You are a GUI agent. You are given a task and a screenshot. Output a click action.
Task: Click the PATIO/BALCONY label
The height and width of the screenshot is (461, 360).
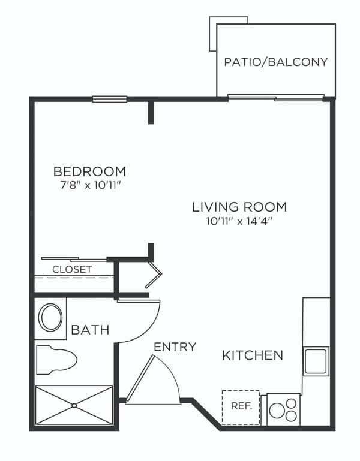coord(276,62)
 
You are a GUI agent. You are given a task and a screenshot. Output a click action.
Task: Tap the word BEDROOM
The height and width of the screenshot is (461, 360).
coord(89,171)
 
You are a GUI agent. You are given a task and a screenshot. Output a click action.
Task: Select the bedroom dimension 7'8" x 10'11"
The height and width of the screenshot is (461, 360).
coord(89,185)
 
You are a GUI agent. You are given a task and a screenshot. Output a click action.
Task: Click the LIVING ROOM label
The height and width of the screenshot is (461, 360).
coord(239,207)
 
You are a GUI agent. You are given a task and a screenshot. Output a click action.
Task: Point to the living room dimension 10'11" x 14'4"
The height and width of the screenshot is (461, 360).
coord(239,221)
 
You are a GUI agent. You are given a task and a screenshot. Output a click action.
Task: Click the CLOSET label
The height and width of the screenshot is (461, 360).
coord(72,269)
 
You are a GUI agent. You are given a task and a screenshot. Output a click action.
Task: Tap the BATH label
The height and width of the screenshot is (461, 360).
coord(90,329)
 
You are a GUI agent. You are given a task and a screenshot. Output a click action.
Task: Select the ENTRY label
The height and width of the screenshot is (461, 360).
coord(175,346)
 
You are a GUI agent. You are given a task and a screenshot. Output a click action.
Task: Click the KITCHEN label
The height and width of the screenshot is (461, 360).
coord(253,355)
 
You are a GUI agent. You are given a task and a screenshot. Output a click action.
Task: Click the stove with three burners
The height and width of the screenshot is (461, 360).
coord(283,409)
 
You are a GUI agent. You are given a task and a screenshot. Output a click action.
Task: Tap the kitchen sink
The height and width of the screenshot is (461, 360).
coord(316,361)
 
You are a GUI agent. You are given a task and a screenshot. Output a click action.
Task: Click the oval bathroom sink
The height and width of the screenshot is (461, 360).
coord(50,317)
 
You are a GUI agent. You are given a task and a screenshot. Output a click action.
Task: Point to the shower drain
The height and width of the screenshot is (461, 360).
coord(74,405)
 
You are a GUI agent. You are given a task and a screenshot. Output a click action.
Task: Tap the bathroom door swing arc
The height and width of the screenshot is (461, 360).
coord(144,321)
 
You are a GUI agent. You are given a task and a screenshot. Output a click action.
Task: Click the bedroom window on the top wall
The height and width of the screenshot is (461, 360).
coord(109,99)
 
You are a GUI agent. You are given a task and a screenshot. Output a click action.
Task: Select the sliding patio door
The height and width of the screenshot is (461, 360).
coord(276,97)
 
